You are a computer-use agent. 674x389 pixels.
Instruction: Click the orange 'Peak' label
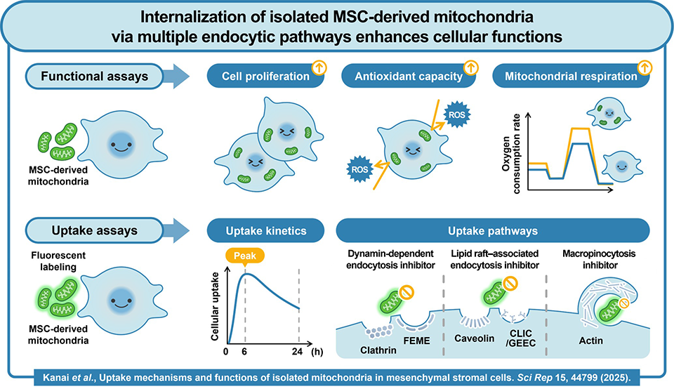pos(244,257)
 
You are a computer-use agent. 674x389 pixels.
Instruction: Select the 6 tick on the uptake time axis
pos(244,351)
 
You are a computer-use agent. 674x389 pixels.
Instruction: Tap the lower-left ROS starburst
pos(359,169)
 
